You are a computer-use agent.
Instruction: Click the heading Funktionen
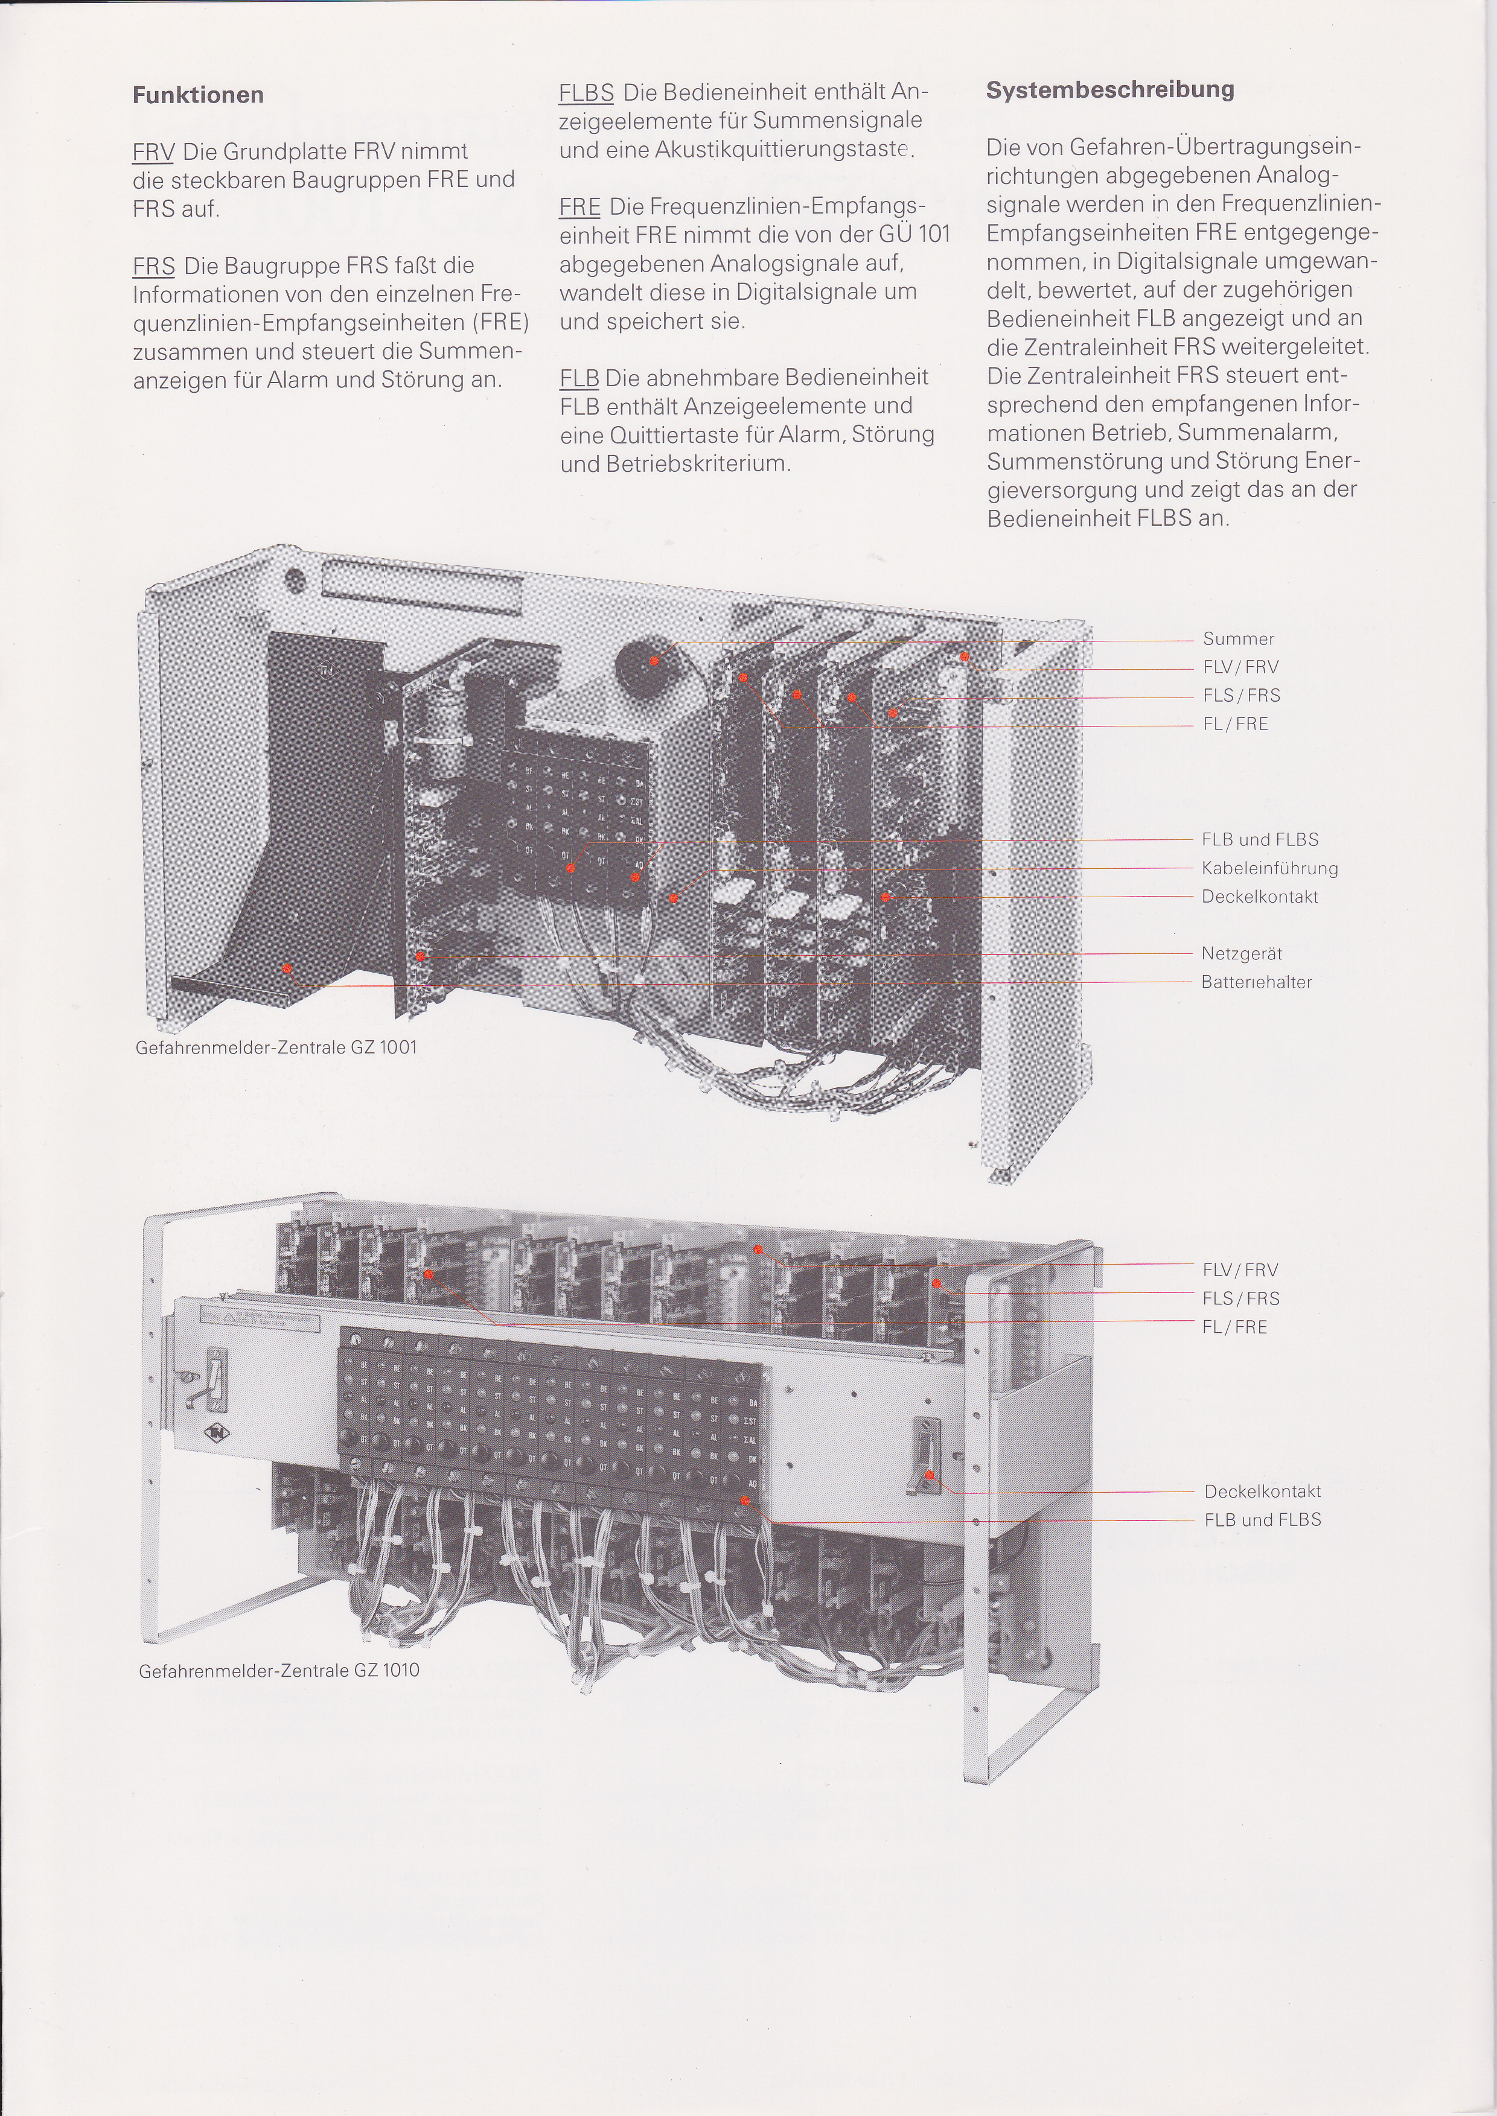click(x=198, y=95)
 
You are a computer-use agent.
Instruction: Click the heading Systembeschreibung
click(x=1110, y=91)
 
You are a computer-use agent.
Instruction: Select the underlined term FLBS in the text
click(x=586, y=92)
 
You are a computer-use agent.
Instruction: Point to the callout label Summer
click(x=1238, y=639)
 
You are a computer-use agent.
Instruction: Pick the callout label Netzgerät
click(x=1240, y=954)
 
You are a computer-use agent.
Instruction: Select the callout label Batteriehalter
click(x=1256, y=982)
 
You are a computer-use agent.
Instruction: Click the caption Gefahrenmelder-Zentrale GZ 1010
click(x=278, y=1670)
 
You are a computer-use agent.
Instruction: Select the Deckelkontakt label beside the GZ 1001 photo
click(x=1259, y=897)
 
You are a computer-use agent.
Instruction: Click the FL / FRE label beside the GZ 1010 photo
click(x=1234, y=1327)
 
